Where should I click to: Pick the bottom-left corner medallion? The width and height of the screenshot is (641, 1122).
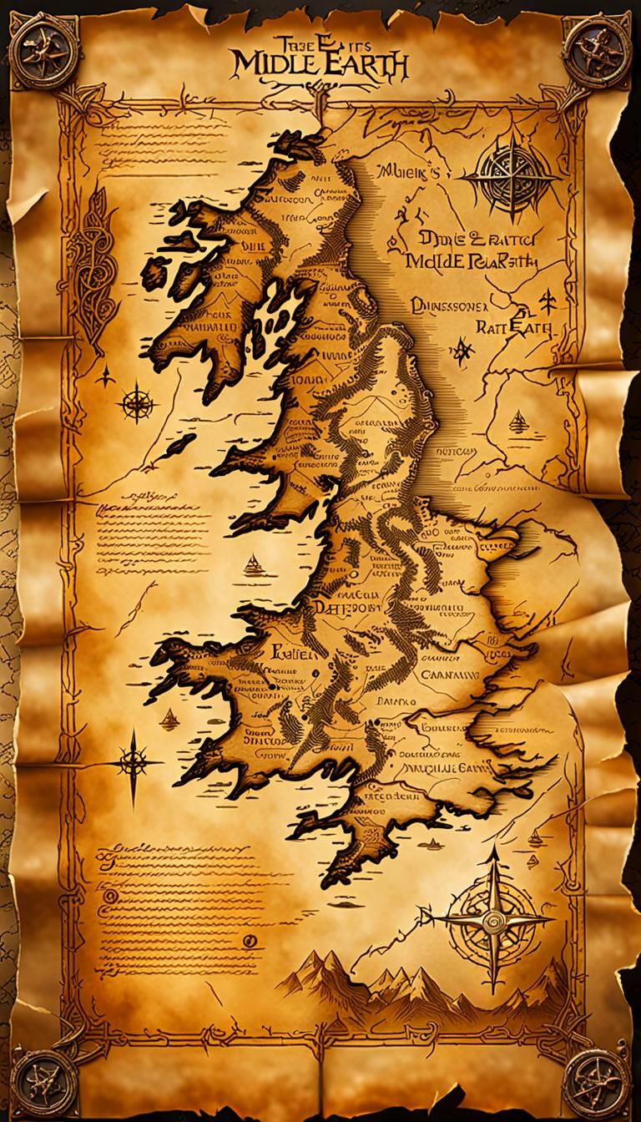[40, 1079]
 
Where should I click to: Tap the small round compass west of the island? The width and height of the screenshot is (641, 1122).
[136, 406]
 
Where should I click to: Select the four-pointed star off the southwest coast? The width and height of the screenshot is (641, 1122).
[133, 758]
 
